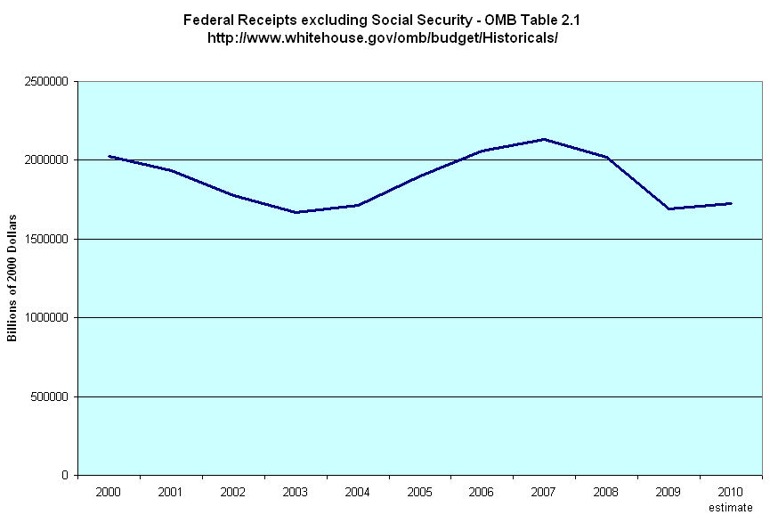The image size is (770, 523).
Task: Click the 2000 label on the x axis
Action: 109,491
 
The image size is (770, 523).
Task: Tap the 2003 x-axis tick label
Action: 296,491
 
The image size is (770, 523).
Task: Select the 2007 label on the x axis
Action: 544,491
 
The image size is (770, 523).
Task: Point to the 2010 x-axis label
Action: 731,491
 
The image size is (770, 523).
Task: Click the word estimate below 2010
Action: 731,507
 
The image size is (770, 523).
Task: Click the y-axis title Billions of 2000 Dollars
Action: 12,278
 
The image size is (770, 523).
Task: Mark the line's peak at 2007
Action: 544,139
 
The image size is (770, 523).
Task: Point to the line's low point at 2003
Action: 296,212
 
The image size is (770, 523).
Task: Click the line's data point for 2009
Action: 669,208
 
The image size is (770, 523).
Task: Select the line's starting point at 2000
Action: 109,156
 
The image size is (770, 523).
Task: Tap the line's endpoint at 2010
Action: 731,203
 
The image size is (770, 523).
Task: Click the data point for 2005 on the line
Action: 420,175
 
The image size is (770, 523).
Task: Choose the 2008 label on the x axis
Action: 606,491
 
